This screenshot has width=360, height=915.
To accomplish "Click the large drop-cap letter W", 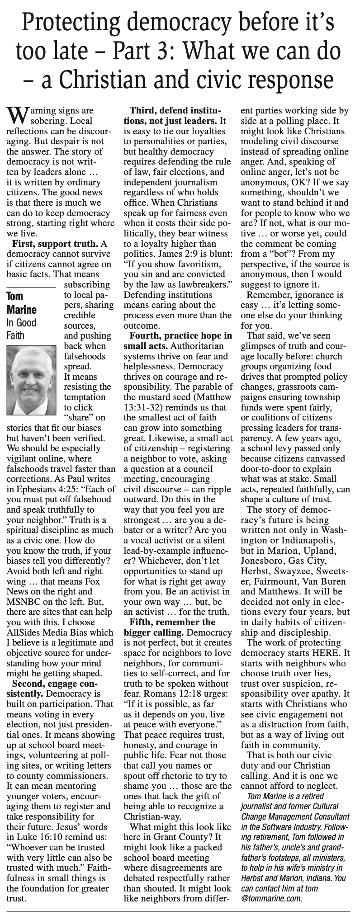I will pos(17,115).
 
